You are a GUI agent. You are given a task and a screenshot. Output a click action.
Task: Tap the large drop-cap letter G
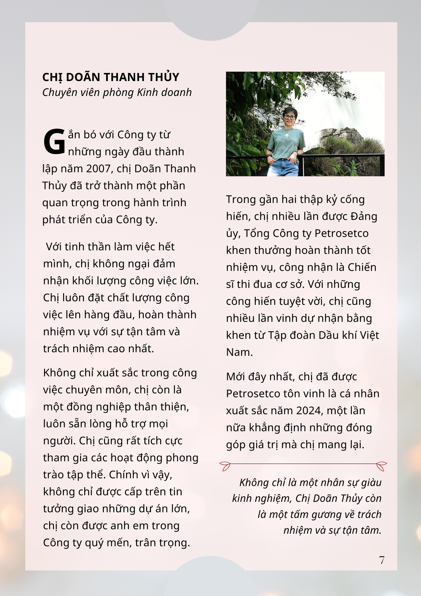[54, 142]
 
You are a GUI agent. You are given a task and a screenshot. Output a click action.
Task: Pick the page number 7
[382, 560]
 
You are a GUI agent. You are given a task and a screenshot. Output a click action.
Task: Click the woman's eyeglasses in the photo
[289, 117]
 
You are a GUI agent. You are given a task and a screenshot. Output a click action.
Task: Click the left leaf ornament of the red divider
[225, 466]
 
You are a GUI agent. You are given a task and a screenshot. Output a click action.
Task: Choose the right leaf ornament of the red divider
[381, 466]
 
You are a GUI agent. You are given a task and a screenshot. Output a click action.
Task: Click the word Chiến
[362, 267]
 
